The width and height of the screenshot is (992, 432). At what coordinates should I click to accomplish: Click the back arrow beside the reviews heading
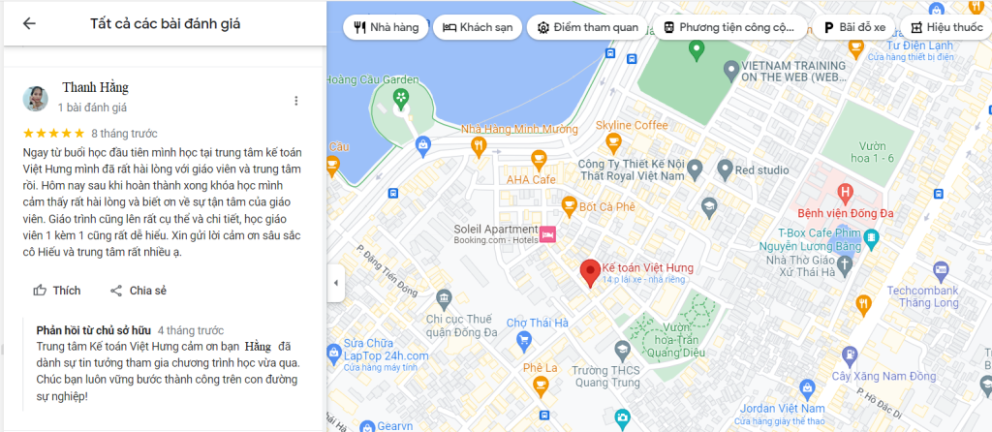tap(29, 24)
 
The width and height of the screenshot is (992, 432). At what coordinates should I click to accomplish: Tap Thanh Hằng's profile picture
tap(36, 98)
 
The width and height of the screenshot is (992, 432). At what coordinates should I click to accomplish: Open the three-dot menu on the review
tap(296, 101)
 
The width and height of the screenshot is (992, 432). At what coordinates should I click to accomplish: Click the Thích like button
tap(56, 291)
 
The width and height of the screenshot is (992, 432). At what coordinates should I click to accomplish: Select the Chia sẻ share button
tap(138, 291)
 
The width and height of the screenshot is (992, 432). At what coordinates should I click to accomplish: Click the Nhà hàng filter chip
tap(387, 27)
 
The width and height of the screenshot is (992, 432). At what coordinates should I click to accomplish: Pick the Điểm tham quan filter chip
tap(588, 27)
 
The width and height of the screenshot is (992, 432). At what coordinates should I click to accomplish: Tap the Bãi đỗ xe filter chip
tap(855, 27)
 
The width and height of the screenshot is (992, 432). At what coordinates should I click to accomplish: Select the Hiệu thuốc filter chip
tap(946, 27)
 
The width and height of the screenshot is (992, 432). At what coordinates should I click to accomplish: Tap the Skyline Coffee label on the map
tap(631, 126)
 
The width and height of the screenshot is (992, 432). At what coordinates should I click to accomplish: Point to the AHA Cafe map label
tap(529, 179)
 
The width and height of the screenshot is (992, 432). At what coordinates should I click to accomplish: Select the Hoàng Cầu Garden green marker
tap(401, 97)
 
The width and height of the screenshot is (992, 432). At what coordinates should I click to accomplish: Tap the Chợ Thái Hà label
tap(542, 323)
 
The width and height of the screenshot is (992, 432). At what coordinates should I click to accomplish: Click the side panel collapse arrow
tap(336, 283)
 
